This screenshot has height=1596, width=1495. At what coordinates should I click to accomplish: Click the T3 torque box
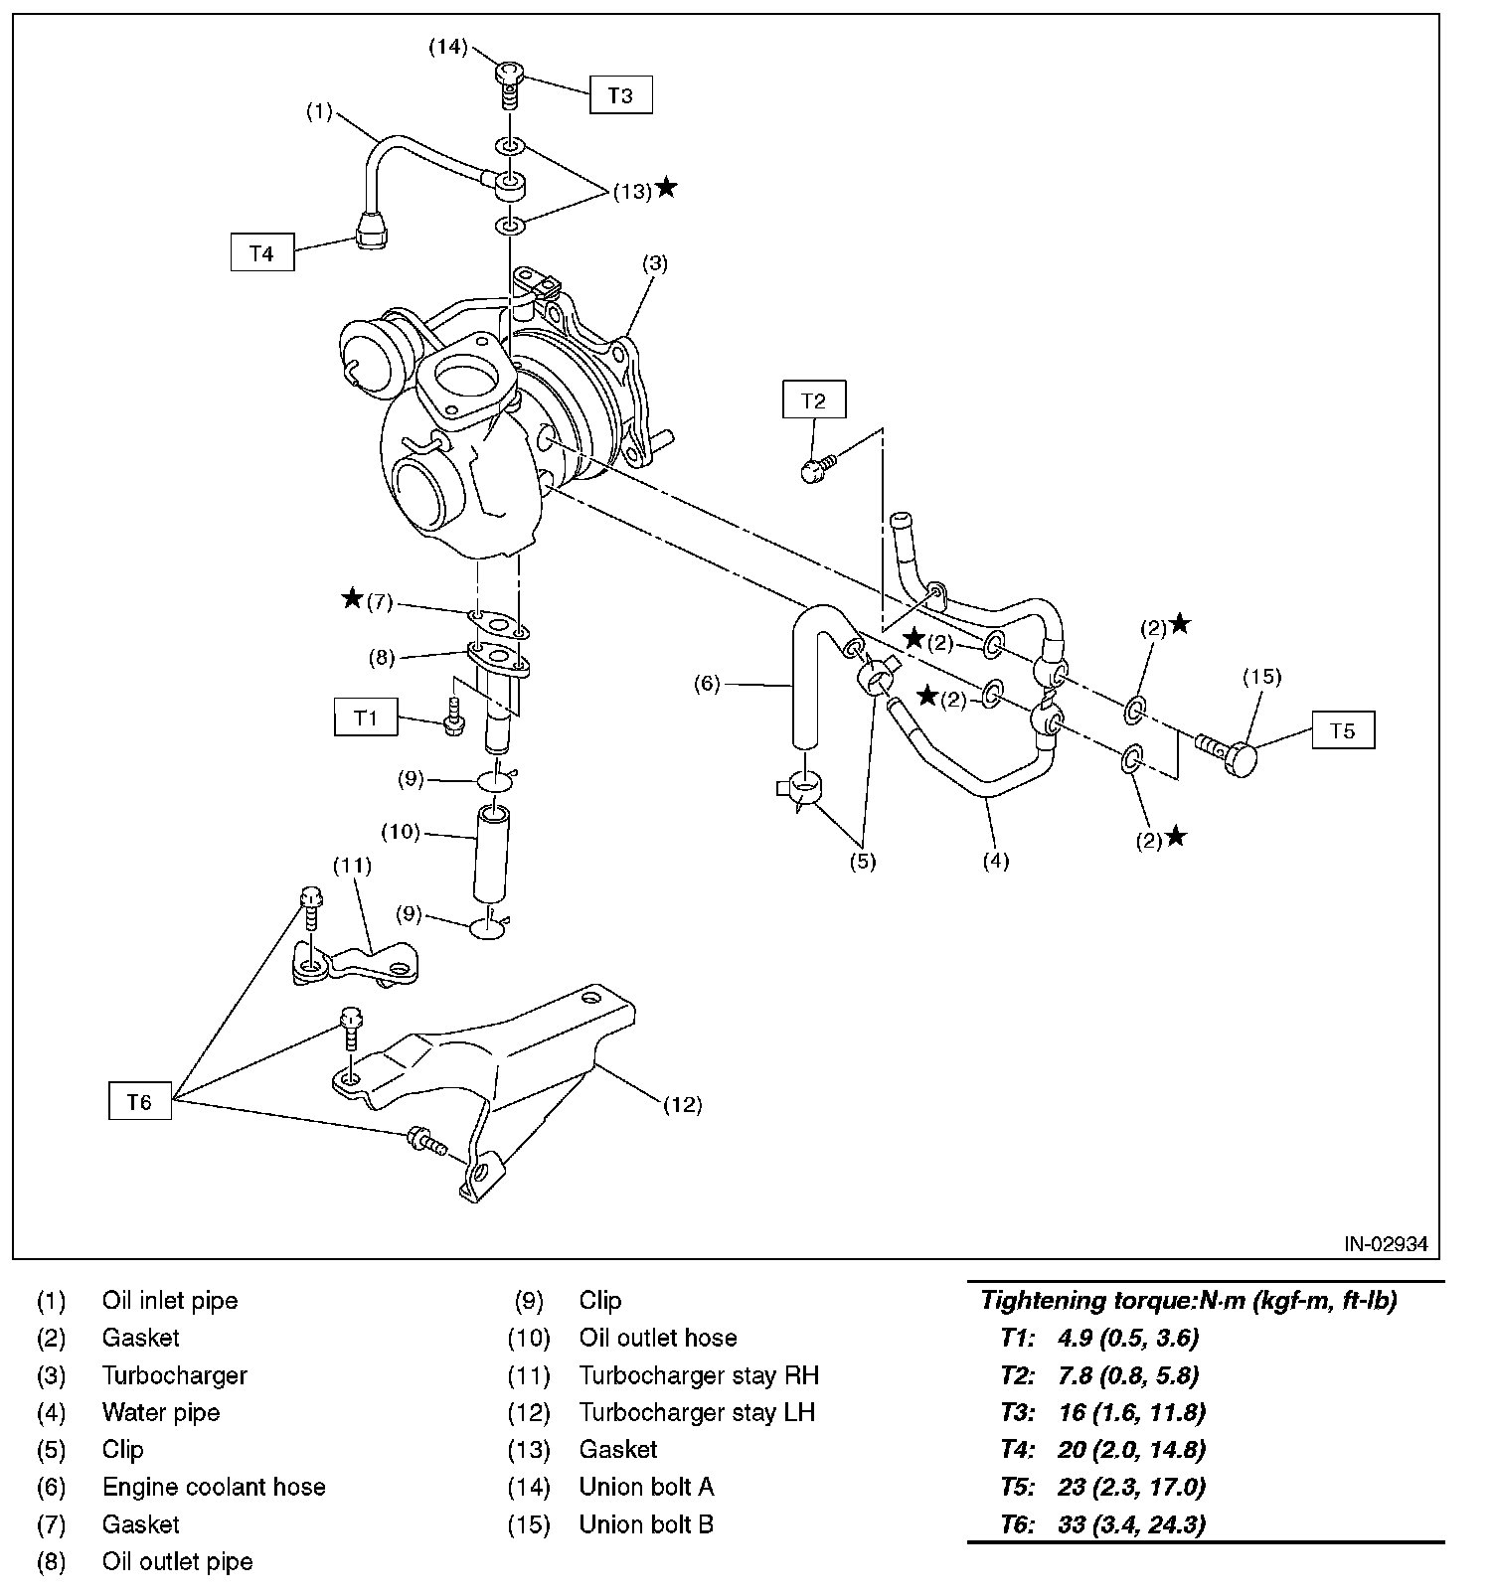click(620, 95)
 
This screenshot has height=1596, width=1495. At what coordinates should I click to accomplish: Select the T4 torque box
click(261, 253)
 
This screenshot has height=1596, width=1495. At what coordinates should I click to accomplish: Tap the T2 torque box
click(813, 400)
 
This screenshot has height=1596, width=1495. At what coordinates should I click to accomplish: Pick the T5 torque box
click(1343, 730)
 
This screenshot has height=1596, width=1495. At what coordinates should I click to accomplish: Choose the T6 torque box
click(139, 1101)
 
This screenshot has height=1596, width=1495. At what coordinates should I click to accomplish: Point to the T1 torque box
click(366, 717)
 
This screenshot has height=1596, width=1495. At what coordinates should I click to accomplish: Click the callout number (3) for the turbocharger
click(654, 263)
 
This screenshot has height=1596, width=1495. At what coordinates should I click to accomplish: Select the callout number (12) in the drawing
click(682, 1104)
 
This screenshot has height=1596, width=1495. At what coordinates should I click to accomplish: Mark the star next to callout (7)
click(352, 598)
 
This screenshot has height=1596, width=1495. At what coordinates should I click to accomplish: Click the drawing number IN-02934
click(1386, 1243)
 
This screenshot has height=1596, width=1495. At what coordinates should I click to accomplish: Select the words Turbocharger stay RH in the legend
click(699, 1375)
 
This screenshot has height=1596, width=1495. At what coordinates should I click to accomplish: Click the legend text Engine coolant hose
click(214, 1487)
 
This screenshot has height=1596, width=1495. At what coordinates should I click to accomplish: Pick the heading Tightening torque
click(1188, 1301)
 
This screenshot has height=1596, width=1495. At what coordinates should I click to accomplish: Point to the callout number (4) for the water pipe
click(995, 861)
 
